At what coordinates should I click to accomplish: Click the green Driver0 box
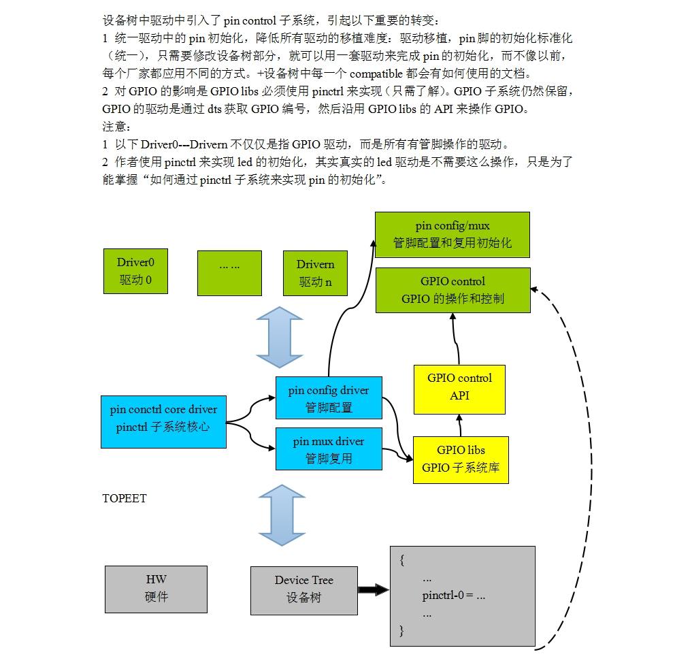[136, 271]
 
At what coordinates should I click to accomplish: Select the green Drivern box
[315, 273]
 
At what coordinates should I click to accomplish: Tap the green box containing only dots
[229, 273]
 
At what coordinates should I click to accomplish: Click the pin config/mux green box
[452, 234]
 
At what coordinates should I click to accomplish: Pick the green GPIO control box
[452, 290]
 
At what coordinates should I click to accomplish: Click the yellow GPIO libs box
[461, 459]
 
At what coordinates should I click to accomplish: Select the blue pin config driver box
[329, 398]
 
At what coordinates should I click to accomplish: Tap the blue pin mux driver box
[329, 449]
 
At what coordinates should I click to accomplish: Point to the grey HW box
[156, 589]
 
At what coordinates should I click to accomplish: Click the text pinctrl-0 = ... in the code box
[453, 596]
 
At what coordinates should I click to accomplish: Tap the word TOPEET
[124, 498]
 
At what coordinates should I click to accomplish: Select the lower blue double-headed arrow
[280, 515]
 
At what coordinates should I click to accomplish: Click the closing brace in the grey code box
[402, 631]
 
